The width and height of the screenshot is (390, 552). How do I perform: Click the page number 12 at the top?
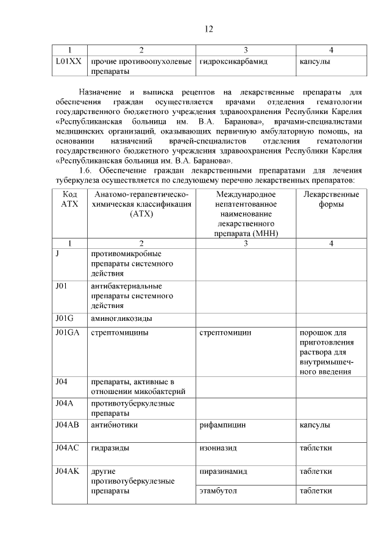(208, 29)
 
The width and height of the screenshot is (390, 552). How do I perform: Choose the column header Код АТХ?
(70, 199)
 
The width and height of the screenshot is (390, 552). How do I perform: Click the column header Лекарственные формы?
(331, 199)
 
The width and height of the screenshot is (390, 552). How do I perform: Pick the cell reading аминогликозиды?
(121, 318)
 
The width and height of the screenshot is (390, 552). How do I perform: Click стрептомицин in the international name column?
(225, 333)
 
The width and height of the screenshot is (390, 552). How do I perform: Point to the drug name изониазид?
(218, 448)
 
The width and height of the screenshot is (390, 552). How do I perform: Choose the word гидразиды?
(110, 448)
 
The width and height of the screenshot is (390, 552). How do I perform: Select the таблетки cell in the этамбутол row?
(316, 490)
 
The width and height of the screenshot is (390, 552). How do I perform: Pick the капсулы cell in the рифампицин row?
(315, 425)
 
